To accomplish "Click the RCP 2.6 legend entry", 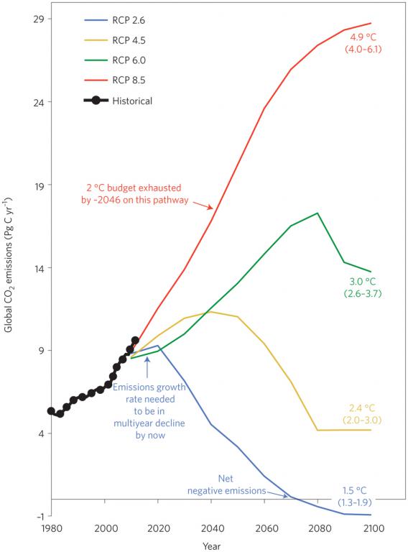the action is (115, 20).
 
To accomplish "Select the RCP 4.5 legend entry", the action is (115, 40).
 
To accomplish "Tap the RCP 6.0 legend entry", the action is (115, 60).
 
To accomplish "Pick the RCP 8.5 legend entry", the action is (115, 80).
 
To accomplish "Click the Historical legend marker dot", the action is (96, 101).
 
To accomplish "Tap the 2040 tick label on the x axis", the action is (212, 528).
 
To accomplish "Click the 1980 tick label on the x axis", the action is (52, 528).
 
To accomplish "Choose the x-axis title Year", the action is (212, 546).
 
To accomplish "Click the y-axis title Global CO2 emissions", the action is (9, 264).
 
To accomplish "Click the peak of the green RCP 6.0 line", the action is (317, 213).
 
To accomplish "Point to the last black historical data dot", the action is (135, 341).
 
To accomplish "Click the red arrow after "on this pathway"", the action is (203, 206).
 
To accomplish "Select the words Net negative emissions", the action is (226, 484).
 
